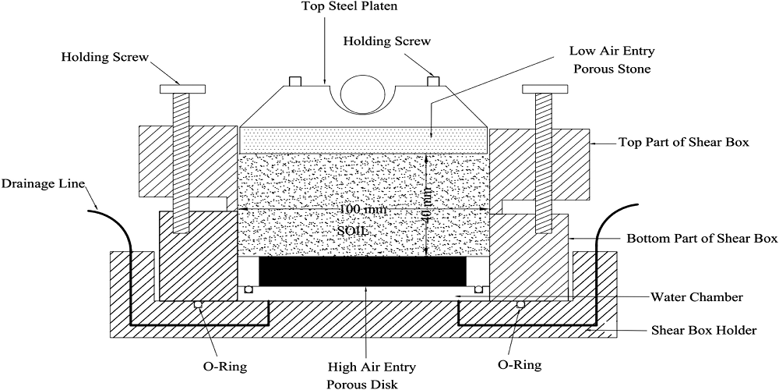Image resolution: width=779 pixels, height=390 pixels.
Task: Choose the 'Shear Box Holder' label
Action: [703, 330]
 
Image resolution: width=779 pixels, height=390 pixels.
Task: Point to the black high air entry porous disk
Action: [362, 271]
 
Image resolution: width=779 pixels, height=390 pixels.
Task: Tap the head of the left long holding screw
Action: [181, 87]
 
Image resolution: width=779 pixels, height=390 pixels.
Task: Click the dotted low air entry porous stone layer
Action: [364, 140]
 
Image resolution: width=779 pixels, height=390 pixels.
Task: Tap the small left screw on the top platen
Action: [295, 82]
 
